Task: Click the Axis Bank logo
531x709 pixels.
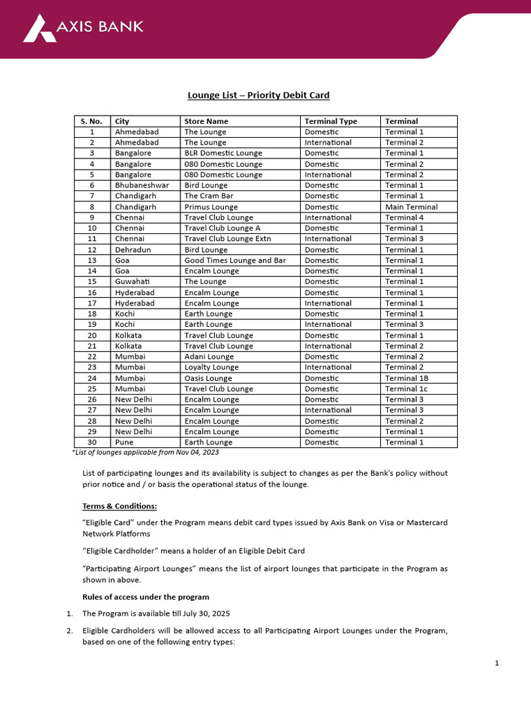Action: [x=83, y=28]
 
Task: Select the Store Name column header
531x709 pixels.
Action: [x=206, y=121]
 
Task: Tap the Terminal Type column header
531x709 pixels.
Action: [x=331, y=121]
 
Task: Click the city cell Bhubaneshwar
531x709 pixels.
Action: [x=142, y=186]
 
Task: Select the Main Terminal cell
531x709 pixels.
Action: [x=411, y=207]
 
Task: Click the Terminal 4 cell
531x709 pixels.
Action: [x=404, y=217]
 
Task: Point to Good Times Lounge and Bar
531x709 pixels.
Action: [x=235, y=260]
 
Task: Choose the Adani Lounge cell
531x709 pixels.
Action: [x=211, y=357]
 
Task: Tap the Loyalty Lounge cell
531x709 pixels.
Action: [x=212, y=367]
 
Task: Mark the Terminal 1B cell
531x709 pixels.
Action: [x=407, y=378]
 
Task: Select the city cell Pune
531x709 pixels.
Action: [x=124, y=442]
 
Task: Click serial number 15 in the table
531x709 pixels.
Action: [x=92, y=282]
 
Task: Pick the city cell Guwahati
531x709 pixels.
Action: [x=131, y=282]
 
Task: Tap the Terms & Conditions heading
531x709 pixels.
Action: [x=120, y=506]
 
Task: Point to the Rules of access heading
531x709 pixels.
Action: [x=146, y=597]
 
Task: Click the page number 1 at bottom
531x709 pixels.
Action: [x=496, y=663]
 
